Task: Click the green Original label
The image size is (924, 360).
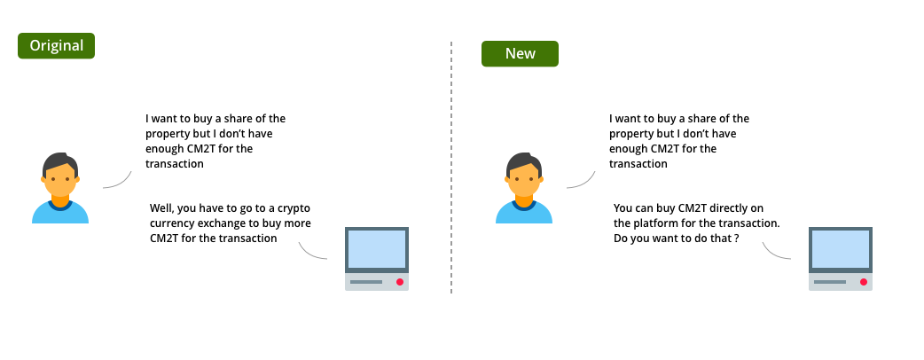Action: coord(56,46)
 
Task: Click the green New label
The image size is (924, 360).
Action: coord(520,53)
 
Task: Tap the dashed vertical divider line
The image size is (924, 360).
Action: coord(451,168)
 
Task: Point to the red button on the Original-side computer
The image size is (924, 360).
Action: coord(400,282)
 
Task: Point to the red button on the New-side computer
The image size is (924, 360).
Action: coord(864,282)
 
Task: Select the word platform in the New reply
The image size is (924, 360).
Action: coord(653,223)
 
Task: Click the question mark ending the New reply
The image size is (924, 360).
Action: coord(737,239)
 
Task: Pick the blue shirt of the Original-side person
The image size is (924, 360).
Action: coord(60,213)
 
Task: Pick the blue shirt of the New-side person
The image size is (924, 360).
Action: coord(524,213)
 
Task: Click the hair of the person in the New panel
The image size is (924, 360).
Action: coord(523,162)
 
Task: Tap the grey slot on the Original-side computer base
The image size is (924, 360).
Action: coord(366,282)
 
